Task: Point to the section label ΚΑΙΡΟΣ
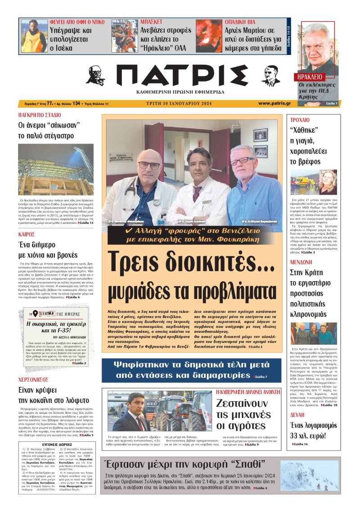pyautogui.click(x=27, y=235)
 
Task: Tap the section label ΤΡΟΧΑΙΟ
pyautogui.click(x=300, y=120)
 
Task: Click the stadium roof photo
pyautogui.click(x=56, y=169)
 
